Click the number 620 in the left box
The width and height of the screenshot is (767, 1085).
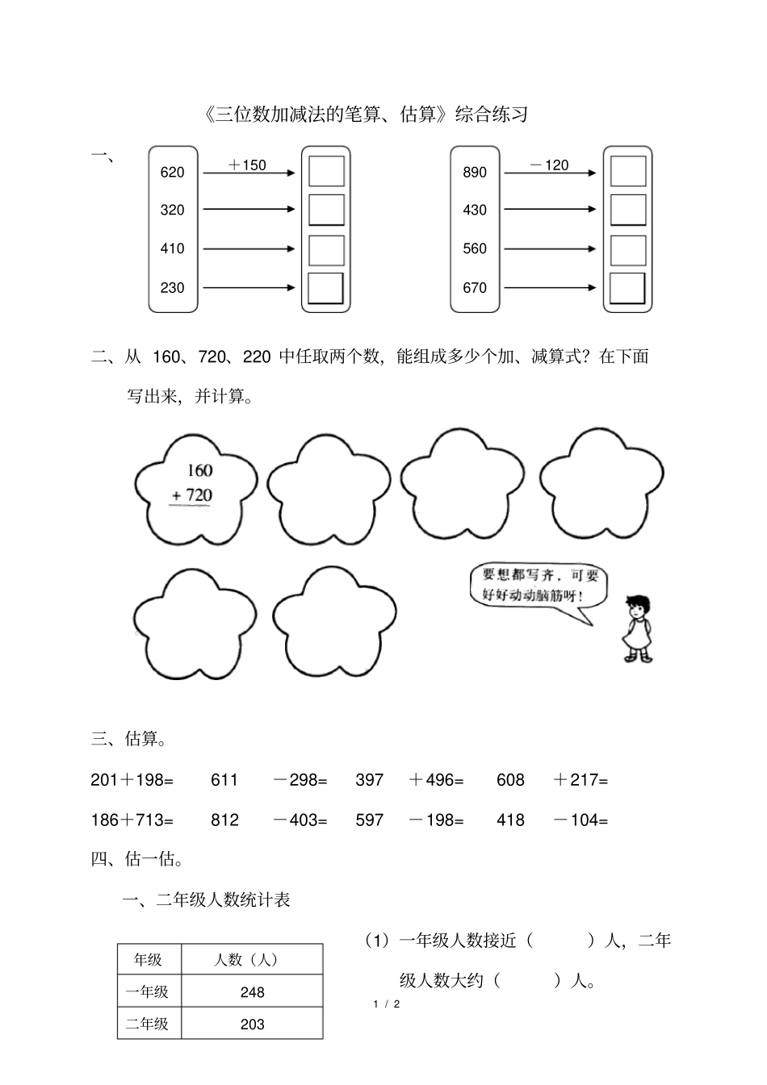pos(172,172)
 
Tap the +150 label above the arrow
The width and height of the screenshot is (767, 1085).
pos(247,165)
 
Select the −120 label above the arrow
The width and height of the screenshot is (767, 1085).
pos(549,165)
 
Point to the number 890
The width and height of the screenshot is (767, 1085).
pos(475,172)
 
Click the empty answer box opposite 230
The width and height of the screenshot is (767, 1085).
pos(326,288)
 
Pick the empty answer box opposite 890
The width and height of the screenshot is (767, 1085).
pos(628,172)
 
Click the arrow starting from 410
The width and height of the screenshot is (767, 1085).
pos(249,248)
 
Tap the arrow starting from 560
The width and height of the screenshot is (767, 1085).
pos(551,248)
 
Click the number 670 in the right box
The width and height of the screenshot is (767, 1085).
pos(475,287)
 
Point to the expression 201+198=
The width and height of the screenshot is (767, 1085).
pos(132,780)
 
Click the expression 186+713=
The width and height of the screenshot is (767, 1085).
pos(132,820)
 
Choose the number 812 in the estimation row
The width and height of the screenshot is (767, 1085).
pos(224,820)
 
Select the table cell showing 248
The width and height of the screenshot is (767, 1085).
pos(253,992)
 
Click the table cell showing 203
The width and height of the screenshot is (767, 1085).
pos(253,1024)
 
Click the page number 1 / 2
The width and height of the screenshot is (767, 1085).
pos(387,1004)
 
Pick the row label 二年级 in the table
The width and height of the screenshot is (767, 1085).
pos(148,1024)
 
